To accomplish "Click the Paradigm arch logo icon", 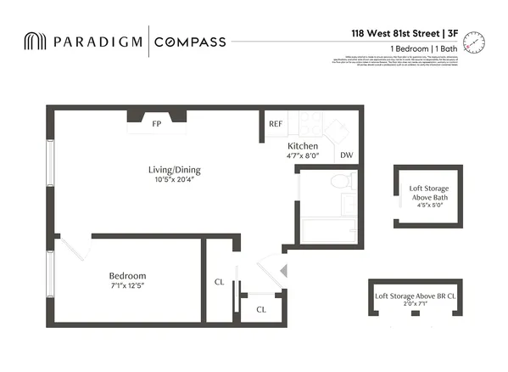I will coord(36,42).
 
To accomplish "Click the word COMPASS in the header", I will coord(191,42).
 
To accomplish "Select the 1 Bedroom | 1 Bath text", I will coord(425,49).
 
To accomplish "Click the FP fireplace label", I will coord(156,124).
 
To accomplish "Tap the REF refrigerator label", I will coord(276,124).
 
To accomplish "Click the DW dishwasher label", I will coord(346,155).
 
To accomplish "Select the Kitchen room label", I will coord(303,146).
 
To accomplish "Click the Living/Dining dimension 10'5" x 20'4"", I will coord(174,180).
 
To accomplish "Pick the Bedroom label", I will coord(127,276).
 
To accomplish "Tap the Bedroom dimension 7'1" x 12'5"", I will coord(127,287).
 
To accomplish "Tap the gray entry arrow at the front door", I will coord(285,271).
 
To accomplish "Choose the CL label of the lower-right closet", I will coord(261,309).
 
